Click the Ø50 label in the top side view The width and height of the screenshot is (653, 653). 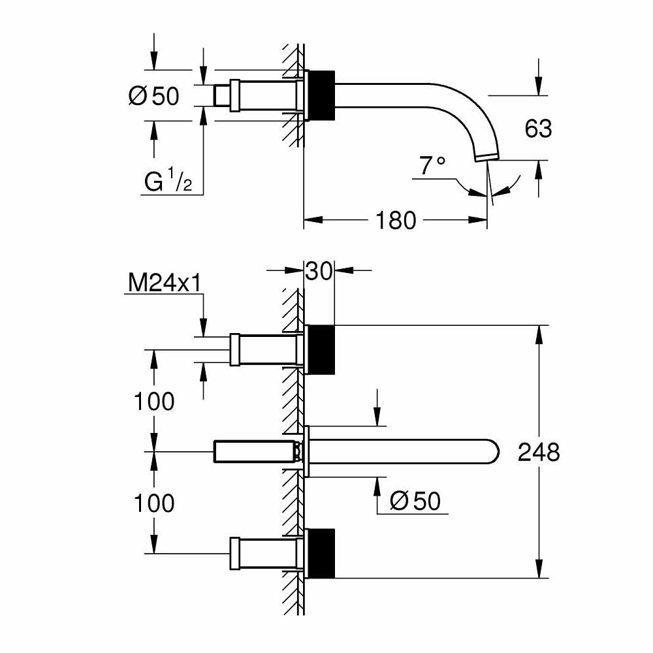[x=153, y=96]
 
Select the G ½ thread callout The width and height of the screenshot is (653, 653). [x=168, y=182]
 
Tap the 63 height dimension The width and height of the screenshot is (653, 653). [x=538, y=129]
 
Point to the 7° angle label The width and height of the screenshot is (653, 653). [x=432, y=167]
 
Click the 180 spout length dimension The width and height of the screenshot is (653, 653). [x=395, y=221]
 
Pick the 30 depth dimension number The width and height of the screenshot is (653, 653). [x=320, y=270]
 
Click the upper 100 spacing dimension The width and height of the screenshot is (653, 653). [x=154, y=401]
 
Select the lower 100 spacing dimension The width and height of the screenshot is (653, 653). [x=154, y=503]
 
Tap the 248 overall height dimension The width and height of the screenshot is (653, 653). [x=539, y=452]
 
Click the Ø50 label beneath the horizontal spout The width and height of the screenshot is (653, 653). [x=415, y=501]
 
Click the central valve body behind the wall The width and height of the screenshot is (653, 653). [x=255, y=451]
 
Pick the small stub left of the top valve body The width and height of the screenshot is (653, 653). [x=222, y=95]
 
